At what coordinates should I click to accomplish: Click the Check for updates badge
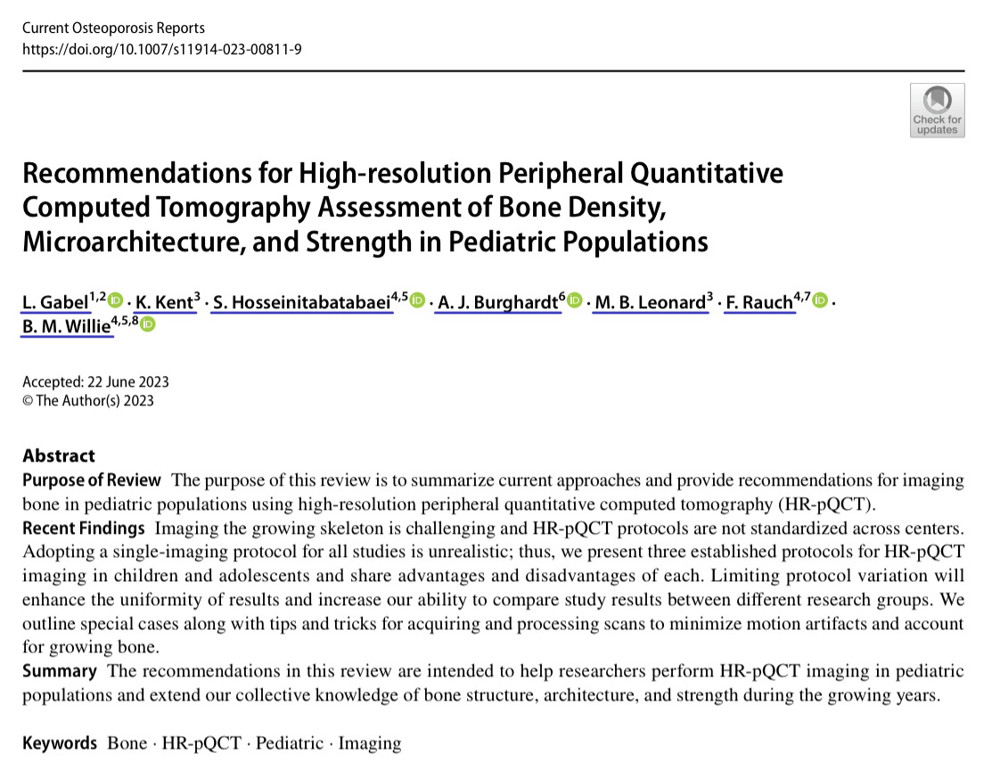click(x=937, y=111)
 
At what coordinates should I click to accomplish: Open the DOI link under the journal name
click(x=161, y=48)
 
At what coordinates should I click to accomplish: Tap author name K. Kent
click(x=164, y=303)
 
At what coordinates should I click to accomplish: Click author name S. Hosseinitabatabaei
click(x=302, y=303)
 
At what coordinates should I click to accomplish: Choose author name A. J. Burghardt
click(x=497, y=303)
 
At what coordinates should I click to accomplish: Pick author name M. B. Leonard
click(x=650, y=303)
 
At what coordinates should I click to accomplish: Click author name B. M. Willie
click(x=67, y=327)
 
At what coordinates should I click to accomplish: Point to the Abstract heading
click(x=59, y=455)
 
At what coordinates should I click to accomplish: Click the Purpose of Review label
click(x=92, y=480)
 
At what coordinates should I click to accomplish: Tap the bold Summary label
click(x=60, y=671)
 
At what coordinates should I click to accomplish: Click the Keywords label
click(x=60, y=743)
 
